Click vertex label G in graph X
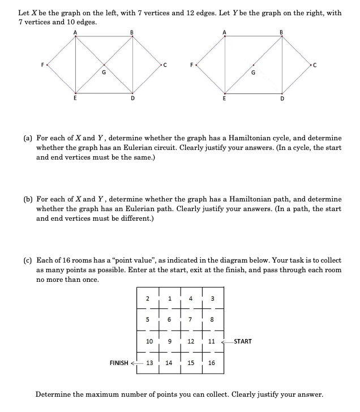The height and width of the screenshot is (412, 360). pyautogui.click(x=103, y=72)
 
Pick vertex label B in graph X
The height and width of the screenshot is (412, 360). pyautogui.click(x=133, y=32)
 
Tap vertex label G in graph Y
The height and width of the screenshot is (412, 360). pyautogui.click(x=253, y=72)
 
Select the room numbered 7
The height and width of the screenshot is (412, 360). pyautogui.click(x=190, y=319)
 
